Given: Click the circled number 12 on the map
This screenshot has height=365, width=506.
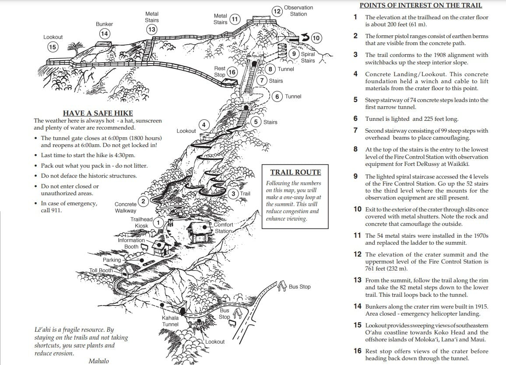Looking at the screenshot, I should [277, 11].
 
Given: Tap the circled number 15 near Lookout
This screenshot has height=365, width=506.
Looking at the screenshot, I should [53, 47].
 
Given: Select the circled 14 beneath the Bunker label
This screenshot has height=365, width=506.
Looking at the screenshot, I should [104, 34].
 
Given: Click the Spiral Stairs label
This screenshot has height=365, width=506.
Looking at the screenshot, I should [308, 57].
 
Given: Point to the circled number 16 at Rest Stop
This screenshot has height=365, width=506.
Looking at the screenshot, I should [232, 72].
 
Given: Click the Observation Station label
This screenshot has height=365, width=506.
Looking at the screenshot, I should [299, 11].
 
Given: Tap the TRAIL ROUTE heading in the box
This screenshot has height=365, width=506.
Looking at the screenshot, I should [295, 172].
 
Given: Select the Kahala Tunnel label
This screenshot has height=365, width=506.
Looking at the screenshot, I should [170, 321].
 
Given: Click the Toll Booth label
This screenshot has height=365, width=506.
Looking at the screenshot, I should [101, 270].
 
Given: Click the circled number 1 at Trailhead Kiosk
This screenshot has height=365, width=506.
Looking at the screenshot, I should [159, 222].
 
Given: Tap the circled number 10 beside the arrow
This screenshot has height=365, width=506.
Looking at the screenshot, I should [316, 38].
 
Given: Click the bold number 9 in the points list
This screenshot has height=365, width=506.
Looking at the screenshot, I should [355, 176].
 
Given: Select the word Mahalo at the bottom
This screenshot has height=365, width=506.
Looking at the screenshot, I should [98, 361].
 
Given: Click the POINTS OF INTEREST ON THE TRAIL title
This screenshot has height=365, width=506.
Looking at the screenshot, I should [421, 6].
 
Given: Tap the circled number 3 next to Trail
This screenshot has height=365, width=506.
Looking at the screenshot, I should [234, 193].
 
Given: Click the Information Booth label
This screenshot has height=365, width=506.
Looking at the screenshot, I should [131, 243].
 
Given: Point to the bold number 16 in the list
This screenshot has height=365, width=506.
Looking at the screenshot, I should [358, 351].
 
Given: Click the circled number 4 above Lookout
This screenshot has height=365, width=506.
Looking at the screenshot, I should [204, 125].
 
